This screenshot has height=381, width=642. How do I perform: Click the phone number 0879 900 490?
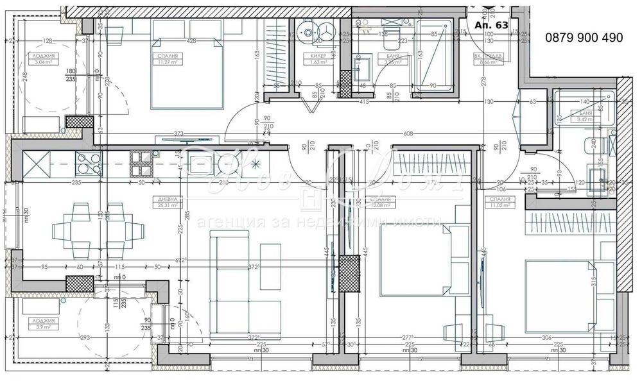584,38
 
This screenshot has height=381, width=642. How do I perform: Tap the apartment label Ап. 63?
491,25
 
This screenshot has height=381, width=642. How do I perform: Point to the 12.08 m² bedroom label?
377,203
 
